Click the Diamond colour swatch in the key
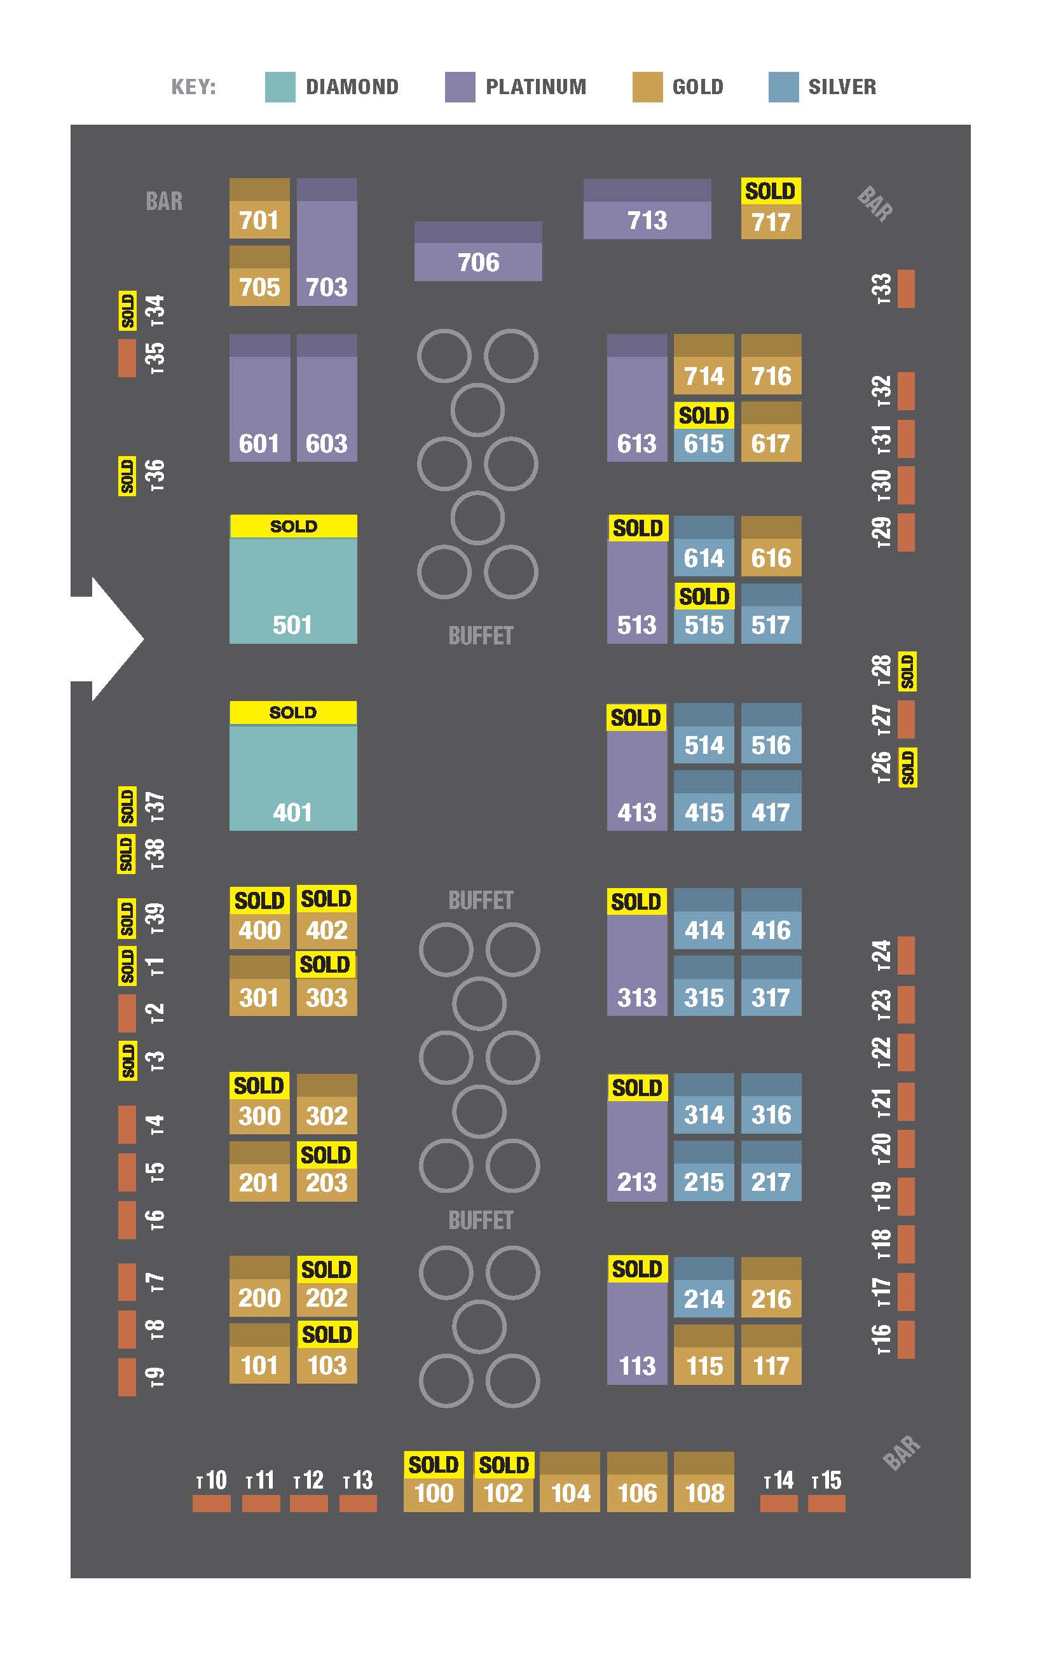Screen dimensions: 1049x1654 coord(280,87)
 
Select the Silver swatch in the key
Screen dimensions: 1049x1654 coord(784,87)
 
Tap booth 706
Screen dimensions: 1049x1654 coord(479,251)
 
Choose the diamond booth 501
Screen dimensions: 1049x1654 coord(293,580)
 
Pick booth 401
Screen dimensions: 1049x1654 coord(293,766)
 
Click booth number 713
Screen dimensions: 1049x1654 coord(647,209)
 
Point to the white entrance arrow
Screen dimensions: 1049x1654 coord(107,639)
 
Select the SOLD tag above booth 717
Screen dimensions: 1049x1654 coord(771,191)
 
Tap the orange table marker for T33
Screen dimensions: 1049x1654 coord(906,288)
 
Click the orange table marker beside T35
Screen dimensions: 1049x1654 coord(127,358)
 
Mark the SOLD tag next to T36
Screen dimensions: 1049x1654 coord(127,475)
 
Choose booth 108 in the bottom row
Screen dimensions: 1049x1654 coord(704,1482)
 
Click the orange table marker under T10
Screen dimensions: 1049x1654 coord(212,1504)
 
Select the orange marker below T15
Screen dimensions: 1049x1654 coord(826,1504)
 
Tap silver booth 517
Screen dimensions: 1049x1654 coord(771,614)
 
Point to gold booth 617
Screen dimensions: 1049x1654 coord(771,432)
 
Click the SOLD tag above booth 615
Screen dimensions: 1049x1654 coord(704,415)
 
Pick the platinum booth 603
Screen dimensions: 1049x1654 coord(327,398)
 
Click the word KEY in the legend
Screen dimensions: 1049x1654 coord(193,87)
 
